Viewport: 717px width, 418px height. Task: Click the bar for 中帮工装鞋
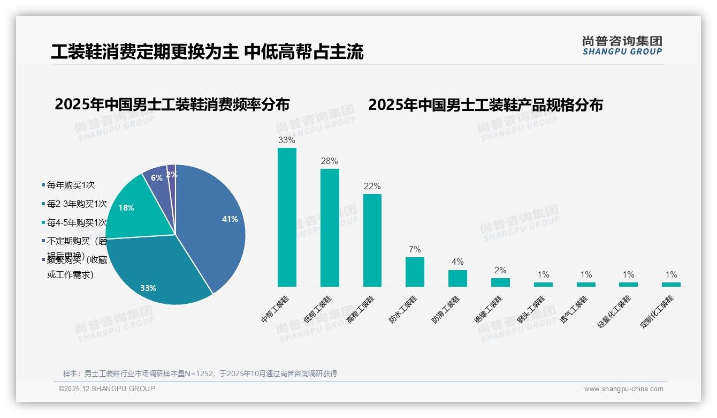point(287,217)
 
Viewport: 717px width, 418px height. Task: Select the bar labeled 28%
point(330,228)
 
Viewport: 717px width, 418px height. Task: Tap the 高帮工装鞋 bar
point(372,240)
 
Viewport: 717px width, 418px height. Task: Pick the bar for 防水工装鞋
point(415,272)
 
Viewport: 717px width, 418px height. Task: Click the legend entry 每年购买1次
point(71,185)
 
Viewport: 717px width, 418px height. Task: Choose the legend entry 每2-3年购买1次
point(77,204)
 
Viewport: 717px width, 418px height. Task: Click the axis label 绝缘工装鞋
point(489,310)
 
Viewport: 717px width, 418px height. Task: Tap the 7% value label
point(415,249)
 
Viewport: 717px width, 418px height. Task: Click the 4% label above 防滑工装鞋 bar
point(457,262)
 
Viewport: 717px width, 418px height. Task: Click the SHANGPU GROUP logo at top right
point(622,46)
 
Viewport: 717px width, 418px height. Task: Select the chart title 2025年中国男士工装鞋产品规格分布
point(485,105)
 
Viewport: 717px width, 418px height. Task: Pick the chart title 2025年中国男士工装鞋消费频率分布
point(172,104)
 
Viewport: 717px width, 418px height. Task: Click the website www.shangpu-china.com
point(623,389)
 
